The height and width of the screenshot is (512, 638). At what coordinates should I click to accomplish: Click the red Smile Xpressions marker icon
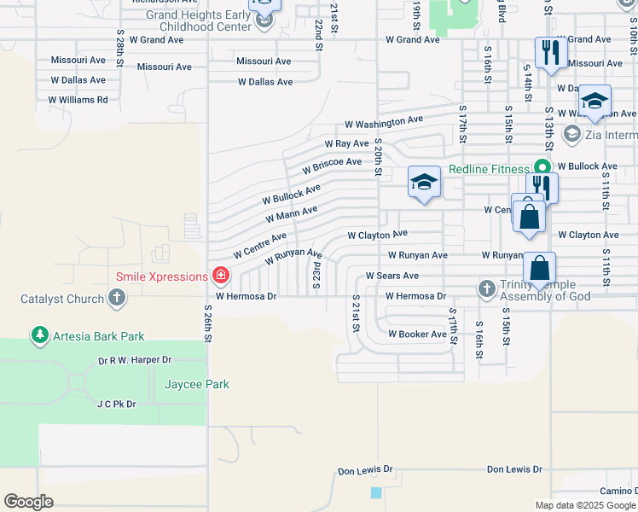tap(221, 276)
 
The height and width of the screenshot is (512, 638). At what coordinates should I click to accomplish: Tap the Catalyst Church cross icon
tap(118, 299)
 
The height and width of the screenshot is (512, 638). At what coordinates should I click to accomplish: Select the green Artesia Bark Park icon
tap(39, 336)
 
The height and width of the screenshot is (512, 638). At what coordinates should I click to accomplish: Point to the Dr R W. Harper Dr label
tap(135, 361)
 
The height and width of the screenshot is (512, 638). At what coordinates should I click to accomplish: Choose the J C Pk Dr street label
tap(116, 404)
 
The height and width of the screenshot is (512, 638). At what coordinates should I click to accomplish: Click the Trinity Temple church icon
tap(487, 288)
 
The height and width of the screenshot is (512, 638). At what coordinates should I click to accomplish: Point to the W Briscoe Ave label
tap(332, 164)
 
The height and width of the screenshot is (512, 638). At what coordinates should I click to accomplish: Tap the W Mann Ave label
tap(291, 213)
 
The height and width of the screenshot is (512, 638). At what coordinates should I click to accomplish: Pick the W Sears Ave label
tap(391, 276)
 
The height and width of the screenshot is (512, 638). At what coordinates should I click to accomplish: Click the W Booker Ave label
tap(417, 335)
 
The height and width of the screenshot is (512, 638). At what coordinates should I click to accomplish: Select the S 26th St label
tap(207, 322)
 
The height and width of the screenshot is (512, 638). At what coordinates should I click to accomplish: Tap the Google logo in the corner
tap(29, 501)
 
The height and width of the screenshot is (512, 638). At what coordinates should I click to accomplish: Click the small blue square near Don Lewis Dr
tap(377, 492)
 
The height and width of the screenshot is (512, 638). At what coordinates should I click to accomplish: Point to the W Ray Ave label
tap(345, 143)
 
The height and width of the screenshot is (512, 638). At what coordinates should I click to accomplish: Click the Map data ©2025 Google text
tap(585, 505)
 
